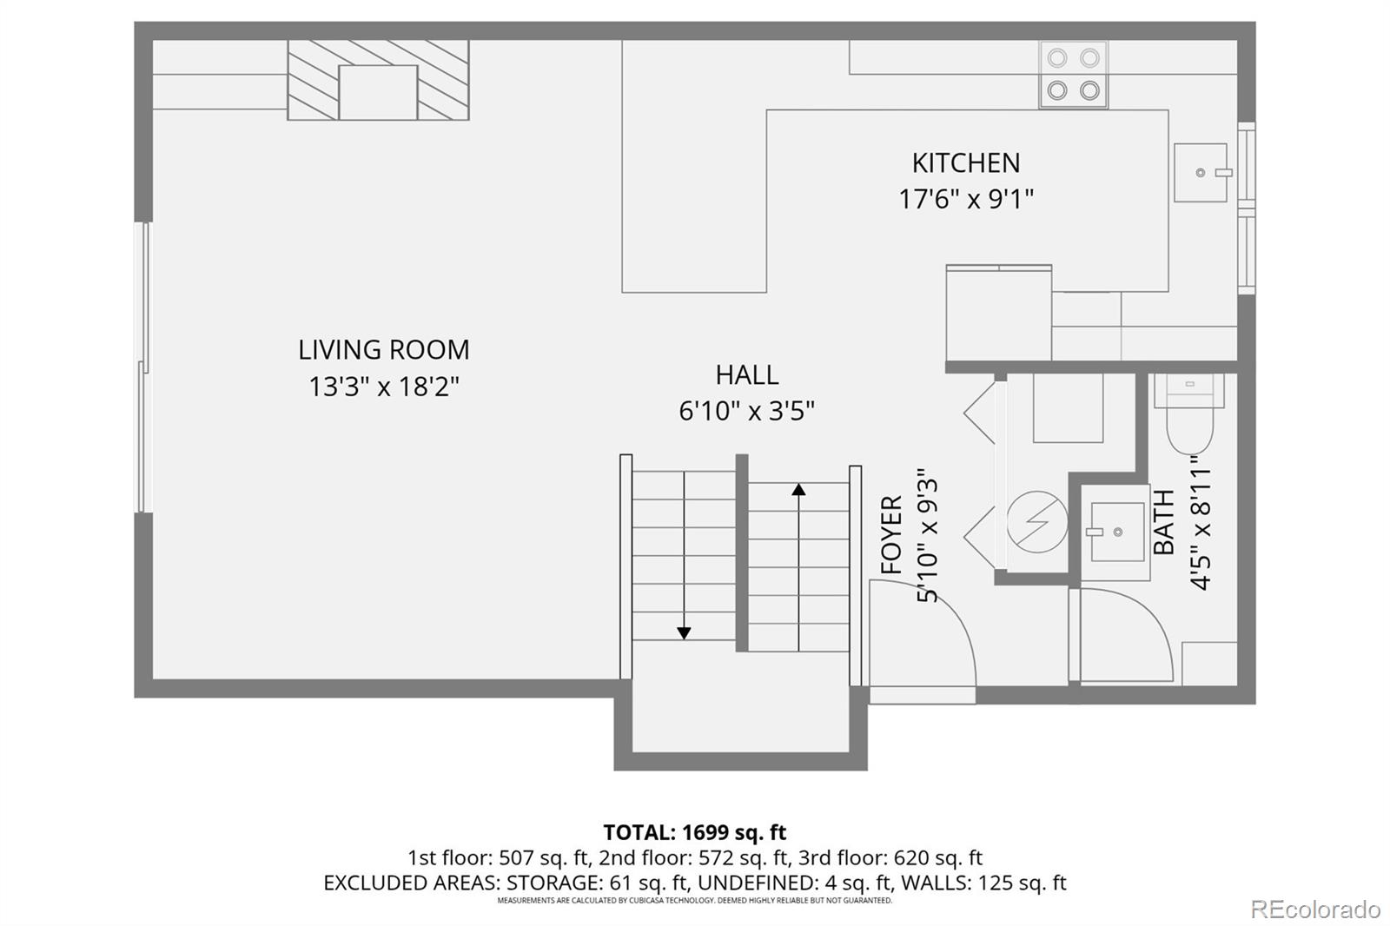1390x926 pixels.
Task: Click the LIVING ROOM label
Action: (x=383, y=349)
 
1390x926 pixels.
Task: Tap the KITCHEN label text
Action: (x=965, y=162)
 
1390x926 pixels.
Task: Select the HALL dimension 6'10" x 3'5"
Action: (x=746, y=410)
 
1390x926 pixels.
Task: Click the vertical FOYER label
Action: (x=892, y=534)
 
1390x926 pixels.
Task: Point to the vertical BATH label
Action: (x=1163, y=521)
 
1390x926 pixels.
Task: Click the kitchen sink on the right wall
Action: (x=1201, y=173)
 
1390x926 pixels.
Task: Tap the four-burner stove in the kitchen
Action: (x=1073, y=75)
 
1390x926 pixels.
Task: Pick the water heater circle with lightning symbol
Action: (x=1037, y=522)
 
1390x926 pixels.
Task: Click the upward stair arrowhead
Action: (x=798, y=490)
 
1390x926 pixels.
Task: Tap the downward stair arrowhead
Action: (x=684, y=633)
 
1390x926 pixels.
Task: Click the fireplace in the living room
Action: (x=378, y=80)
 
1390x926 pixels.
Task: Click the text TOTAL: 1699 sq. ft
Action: (x=694, y=832)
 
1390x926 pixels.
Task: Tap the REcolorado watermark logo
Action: (x=1314, y=909)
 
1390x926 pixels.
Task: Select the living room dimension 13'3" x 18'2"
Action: (x=383, y=386)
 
